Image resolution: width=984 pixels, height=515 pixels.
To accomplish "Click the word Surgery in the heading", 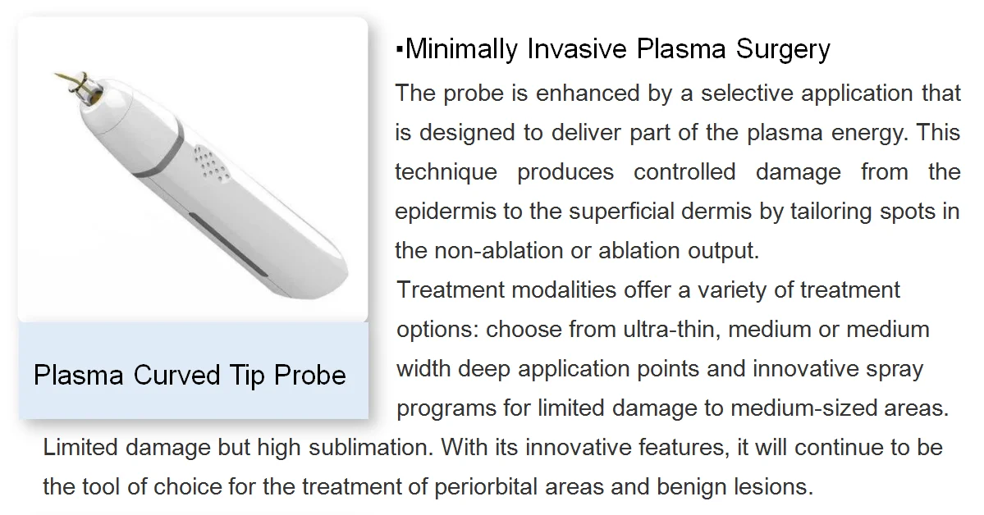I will pyautogui.click(x=783, y=50).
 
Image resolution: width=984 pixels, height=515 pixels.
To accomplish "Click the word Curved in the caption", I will pyautogui.click(x=176, y=376).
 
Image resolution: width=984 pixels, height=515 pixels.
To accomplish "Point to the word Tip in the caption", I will pyautogui.click(x=244, y=376).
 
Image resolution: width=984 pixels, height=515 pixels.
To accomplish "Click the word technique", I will pyautogui.click(x=446, y=172).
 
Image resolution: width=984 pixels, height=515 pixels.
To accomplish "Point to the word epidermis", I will pyautogui.click(x=446, y=212).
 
